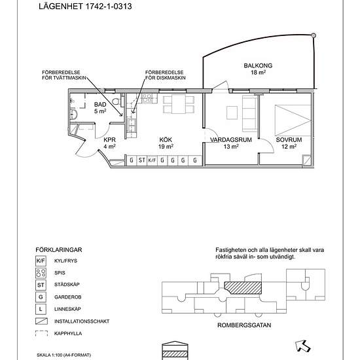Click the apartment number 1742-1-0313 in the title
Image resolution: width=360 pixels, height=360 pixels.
pyautogui.click(x=109, y=6)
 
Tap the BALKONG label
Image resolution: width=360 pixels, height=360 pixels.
pyautogui.click(x=258, y=65)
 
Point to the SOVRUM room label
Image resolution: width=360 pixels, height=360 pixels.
pyautogui.click(x=289, y=140)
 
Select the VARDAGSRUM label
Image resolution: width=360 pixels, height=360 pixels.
pyautogui.click(x=231, y=140)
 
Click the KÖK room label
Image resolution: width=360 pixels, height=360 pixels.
pyautogui.click(x=166, y=139)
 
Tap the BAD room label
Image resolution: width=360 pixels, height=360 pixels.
pyautogui.click(x=100, y=105)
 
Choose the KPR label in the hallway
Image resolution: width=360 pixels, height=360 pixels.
pyautogui.click(x=109, y=140)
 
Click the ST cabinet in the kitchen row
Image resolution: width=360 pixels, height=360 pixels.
pyautogui.click(x=142, y=160)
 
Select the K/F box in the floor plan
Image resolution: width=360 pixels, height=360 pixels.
pyautogui.click(x=152, y=160)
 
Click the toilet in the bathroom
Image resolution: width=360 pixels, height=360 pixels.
pyautogui.click(x=117, y=101)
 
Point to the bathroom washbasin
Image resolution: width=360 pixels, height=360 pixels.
pyautogui.click(x=74, y=114)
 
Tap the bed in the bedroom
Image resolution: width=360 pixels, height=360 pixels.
pyautogui.click(x=293, y=120)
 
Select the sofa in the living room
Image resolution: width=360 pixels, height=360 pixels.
pyautogui.click(x=249, y=113)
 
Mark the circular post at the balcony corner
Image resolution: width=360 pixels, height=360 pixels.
pyautogui.click(x=314, y=35)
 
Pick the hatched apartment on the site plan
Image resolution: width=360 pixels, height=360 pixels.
pyautogui.click(x=243, y=288)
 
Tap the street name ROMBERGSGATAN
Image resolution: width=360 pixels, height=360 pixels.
pyautogui.click(x=244, y=325)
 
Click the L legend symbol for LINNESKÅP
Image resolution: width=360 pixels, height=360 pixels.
pyautogui.click(x=41, y=309)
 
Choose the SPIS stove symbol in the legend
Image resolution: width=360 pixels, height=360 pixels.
pyautogui.click(x=41, y=273)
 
